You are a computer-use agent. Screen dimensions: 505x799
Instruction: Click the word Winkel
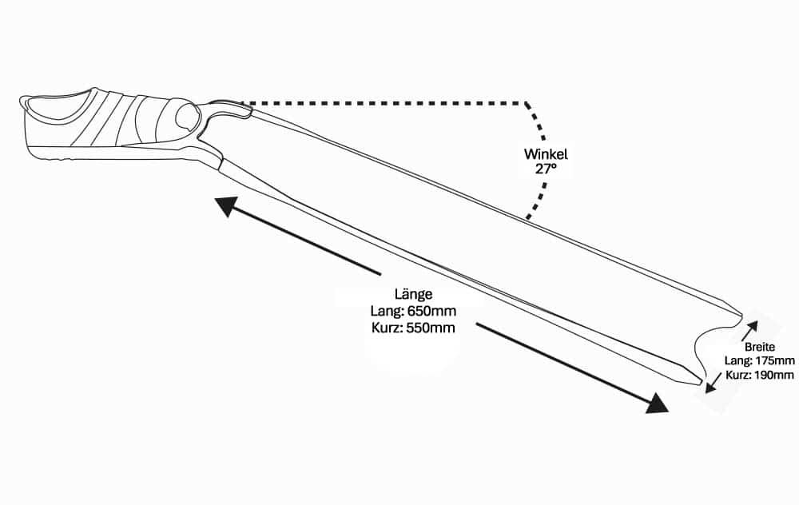[x=546, y=154]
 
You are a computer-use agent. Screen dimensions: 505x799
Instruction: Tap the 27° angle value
[x=546, y=169]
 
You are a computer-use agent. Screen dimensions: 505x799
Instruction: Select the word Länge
[x=412, y=294]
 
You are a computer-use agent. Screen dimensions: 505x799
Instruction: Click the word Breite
[x=759, y=348]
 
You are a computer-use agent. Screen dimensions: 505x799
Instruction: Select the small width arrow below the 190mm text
[x=711, y=384]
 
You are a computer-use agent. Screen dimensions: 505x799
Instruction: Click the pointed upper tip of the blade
[x=741, y=312]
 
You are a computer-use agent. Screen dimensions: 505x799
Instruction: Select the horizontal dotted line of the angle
[x=384, y=103]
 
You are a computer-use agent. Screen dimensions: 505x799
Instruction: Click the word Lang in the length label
[x=387, y=311]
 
